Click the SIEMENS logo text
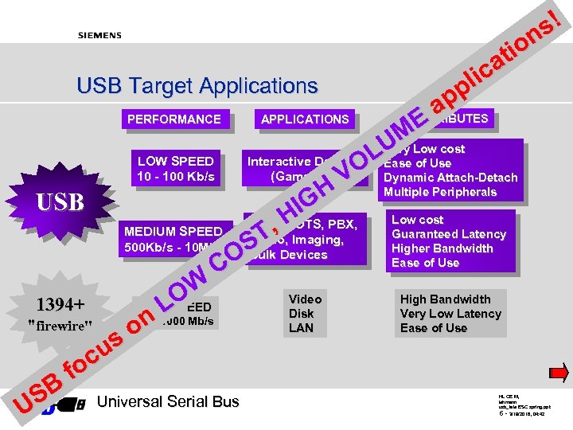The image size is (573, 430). click(x=99, y=35)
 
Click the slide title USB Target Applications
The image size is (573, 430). click(x=197, y=85)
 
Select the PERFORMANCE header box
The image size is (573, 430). click(x=174, y=119)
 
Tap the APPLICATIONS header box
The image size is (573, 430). click(x=305, y=119)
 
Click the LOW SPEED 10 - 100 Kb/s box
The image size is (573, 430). click(x=175, y=169)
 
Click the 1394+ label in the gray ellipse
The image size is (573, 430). click(x=60, y=305)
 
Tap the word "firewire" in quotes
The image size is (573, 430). click(x=60, y=324)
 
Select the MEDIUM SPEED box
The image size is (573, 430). click(x=170, y=239)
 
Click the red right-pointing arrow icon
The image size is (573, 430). click(x=559, y=372)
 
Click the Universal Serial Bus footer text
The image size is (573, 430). click(x=167, y=401)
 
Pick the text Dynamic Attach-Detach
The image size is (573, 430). click(x=450, y=178)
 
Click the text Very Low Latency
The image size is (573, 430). click(x=450, y=314)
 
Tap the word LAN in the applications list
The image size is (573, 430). click(x=301, y=328)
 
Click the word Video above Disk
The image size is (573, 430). click(x=305, y=299)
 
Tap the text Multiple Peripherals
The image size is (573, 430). click(x=439, y=192)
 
